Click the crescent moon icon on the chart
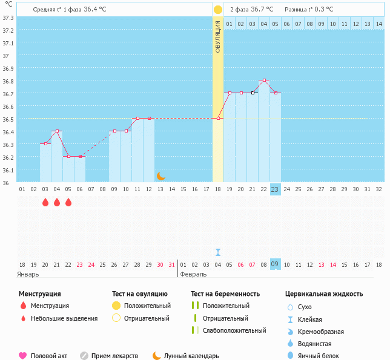(160, 175)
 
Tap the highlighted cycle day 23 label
(275, 189)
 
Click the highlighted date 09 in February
(275, 264)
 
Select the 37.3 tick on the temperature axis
(8, 18)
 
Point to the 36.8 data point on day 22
(264, 80)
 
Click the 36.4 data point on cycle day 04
(57, 131)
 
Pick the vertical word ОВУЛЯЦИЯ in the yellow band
(218, 36)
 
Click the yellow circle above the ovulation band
(218, 10)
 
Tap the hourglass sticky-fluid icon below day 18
(218, 252)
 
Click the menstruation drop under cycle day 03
(45, 202)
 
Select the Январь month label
(28, 274)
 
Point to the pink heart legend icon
(23, 356)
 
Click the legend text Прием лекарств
(114, 356)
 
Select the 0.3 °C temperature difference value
(330, 9)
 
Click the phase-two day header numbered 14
(378, 24)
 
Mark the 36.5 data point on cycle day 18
(218, 118)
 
